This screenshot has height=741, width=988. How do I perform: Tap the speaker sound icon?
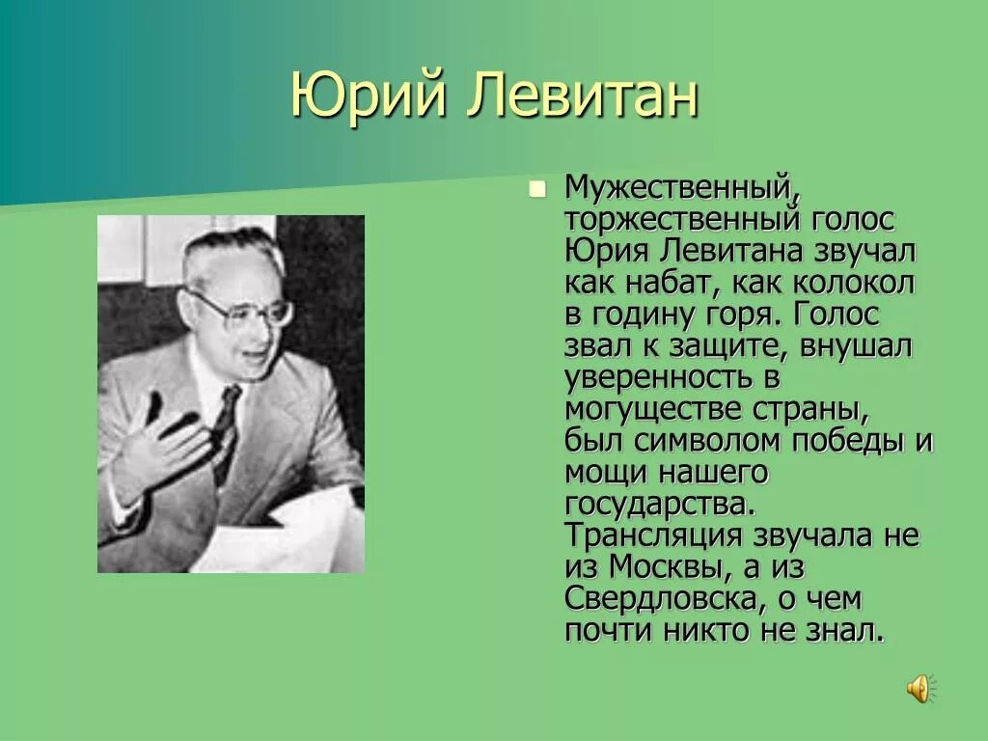919,688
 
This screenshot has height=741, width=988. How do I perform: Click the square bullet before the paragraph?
537,189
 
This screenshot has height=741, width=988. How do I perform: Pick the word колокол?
854,283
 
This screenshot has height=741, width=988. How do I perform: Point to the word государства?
656,504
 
